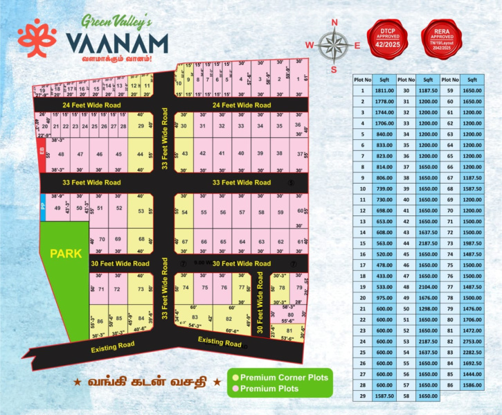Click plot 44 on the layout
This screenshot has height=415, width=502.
pyautogui.click(x=141, y=154)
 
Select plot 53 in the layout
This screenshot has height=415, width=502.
pyautogui.click(x=141, y=211)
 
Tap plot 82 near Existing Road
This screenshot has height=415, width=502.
pyautogui.click(x=228, y=318)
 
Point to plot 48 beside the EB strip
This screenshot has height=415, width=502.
pyautogui.click(x=62, y=154)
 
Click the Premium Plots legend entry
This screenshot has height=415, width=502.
pyautogui.click(x=269, y=389)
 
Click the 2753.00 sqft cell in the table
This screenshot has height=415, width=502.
pyautogui.click(x=472, y=342)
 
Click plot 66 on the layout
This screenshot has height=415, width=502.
pyautogui.click(x=204, y=241)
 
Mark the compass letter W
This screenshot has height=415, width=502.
pyautogui.click(x=310, y=46)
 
